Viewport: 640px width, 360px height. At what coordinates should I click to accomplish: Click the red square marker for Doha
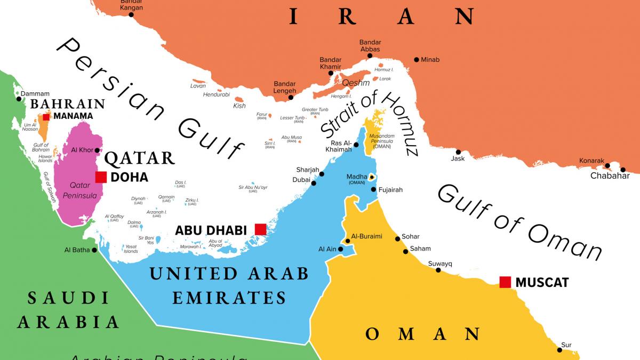pos(101,177)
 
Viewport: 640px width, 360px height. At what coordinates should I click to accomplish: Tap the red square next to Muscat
pos(505,282)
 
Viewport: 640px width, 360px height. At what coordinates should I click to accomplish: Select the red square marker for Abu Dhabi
pos(260,229)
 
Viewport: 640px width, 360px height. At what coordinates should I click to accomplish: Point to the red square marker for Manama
pos(46,117)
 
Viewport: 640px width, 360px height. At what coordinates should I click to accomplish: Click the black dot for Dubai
pos(314,183)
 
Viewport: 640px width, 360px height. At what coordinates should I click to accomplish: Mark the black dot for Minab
pos(417,59)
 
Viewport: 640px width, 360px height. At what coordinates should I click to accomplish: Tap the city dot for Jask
pos(458,152)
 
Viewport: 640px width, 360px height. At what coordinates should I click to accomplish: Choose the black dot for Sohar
pos(397,238)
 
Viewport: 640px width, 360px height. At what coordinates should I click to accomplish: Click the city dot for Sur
pos(560,350)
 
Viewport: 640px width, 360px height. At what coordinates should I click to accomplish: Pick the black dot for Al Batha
pos(94,250)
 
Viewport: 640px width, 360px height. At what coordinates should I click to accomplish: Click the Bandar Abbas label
pos(370,46)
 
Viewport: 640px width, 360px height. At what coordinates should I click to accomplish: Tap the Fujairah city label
pos(391,190)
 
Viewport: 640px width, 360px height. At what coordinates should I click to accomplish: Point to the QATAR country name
pos(139,158)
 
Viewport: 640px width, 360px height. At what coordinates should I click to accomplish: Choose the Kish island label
pos(239,106)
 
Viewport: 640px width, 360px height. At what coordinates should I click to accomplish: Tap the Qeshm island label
pos(356,83)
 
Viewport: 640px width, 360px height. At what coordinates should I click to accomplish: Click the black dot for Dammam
pos(18,99)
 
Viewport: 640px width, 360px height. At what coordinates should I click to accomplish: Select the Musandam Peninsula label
pos(383,140)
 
